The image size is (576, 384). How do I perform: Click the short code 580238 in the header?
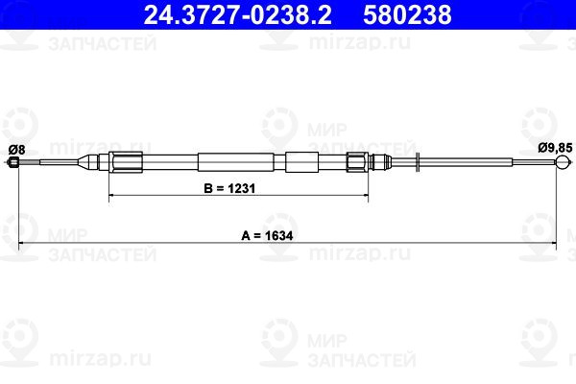coord(392,16)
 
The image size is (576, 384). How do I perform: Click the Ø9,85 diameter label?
coord(555,148)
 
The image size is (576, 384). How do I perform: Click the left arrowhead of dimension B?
coord(113,196)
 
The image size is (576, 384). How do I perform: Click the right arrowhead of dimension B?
coord(364,196)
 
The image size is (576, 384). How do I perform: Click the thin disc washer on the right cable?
coord(418,162)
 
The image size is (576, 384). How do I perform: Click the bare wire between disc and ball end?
coord(490,163)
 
